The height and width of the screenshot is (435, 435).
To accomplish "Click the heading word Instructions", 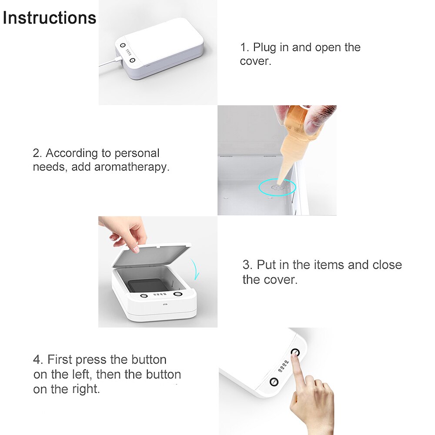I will tap(49, 18).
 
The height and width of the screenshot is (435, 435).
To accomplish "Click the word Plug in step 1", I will tap(264, 47).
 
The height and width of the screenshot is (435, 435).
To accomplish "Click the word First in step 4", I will tap(60, 360).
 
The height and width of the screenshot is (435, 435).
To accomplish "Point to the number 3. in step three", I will tap(248, 265).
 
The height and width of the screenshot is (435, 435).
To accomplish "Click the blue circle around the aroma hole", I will tap(277, 187).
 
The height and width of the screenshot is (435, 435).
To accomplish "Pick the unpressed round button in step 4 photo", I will tap(274, 382).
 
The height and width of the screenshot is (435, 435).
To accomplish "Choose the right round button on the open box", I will tap(178, 294).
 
